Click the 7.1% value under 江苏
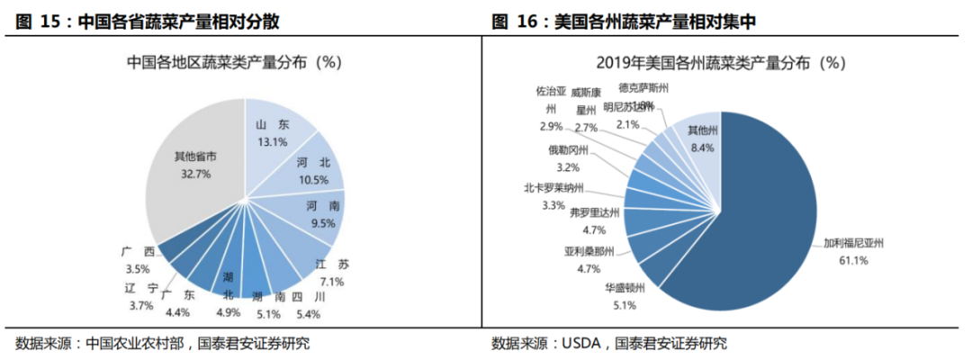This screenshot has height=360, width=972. [332, 281]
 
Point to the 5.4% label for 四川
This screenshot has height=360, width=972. [308, 314]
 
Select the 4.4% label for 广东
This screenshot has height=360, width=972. [178, 312]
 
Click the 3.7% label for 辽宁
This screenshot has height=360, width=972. [141, 306]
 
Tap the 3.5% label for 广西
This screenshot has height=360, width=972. [137, 269]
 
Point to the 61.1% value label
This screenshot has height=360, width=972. [853, 260]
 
